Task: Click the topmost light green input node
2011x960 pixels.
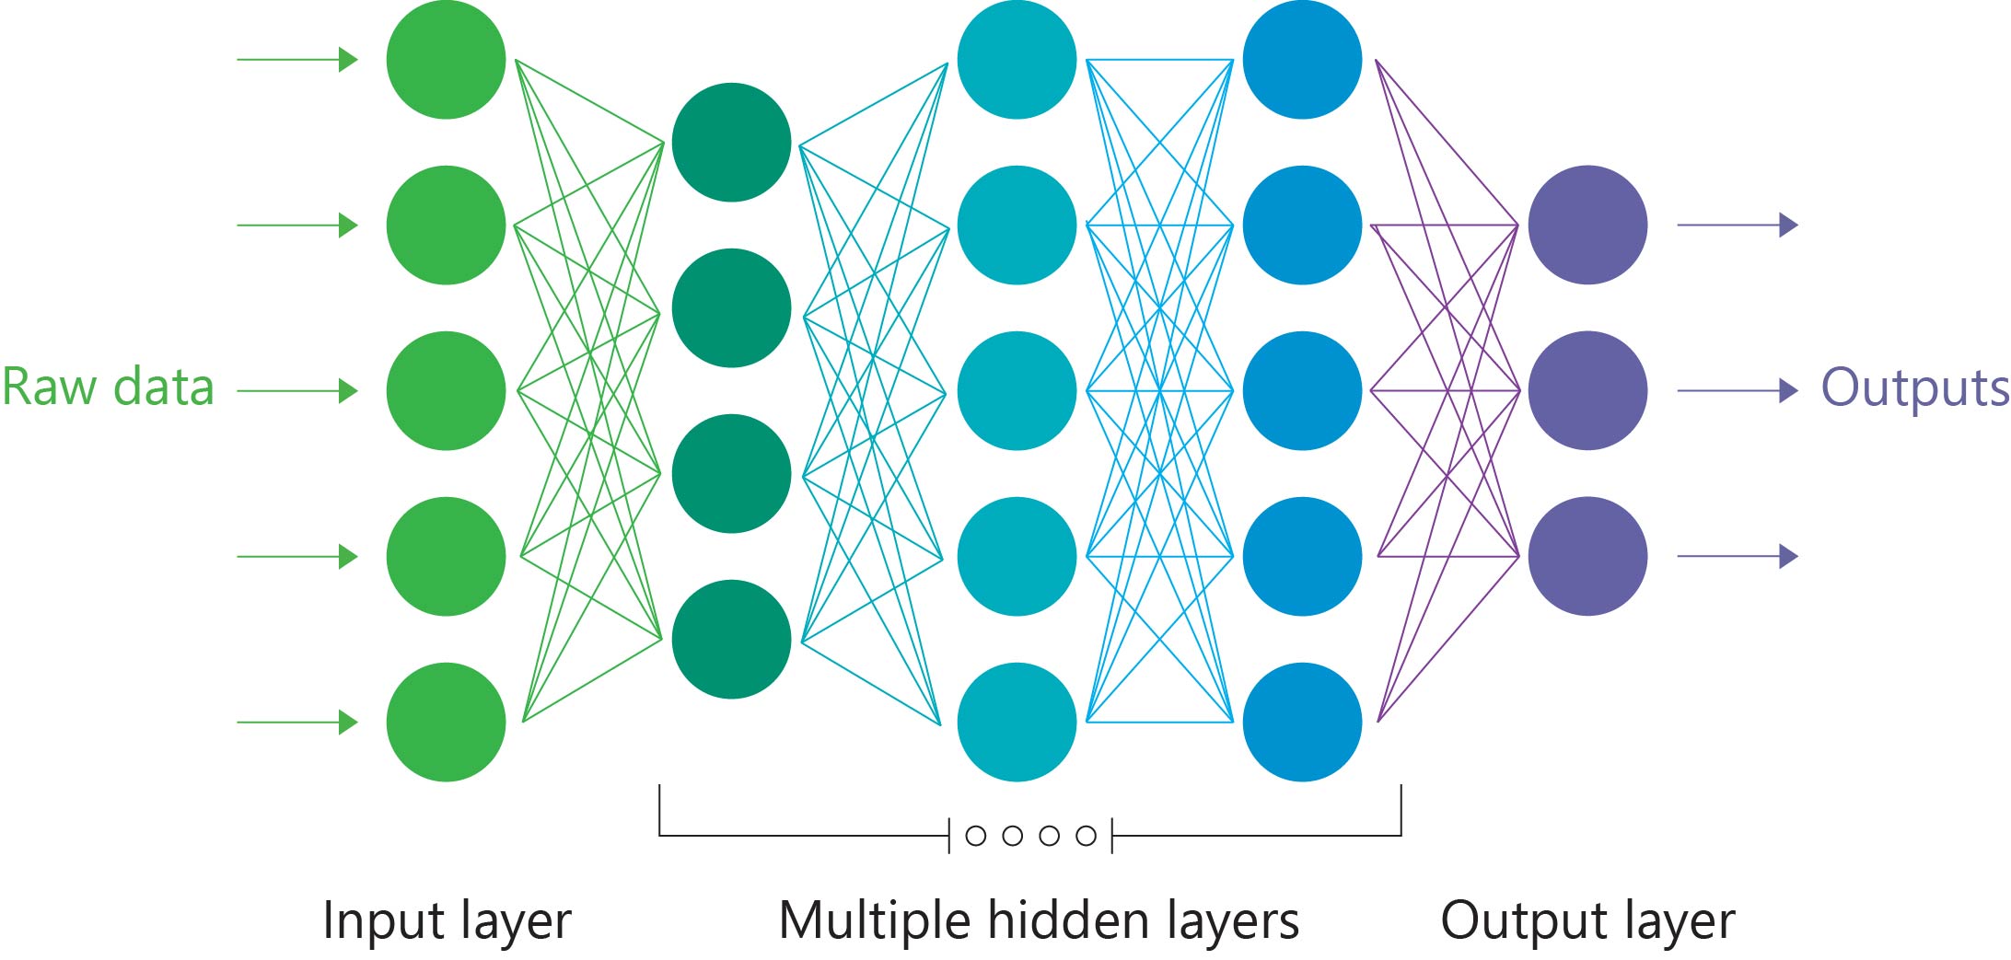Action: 446,60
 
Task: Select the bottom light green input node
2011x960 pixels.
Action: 446,722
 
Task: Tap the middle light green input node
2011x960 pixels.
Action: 446,390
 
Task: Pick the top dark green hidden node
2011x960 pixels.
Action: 731,143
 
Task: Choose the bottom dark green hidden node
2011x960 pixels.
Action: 731,639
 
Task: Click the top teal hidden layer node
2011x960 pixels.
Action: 1017,60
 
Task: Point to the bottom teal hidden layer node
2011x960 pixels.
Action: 1017,722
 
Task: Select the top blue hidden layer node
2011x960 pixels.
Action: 1302,60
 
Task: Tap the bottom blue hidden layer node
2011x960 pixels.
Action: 1302,722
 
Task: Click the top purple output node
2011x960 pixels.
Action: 1587,225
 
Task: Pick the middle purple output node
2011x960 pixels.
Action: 1587,390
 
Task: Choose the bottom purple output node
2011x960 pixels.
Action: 1587,556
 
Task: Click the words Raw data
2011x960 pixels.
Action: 108,387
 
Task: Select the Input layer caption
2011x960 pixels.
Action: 447,920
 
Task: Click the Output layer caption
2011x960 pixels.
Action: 1587,920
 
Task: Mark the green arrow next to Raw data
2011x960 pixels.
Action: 297,391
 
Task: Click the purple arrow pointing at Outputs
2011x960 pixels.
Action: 1738,391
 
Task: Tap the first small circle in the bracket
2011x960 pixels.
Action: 976,836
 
